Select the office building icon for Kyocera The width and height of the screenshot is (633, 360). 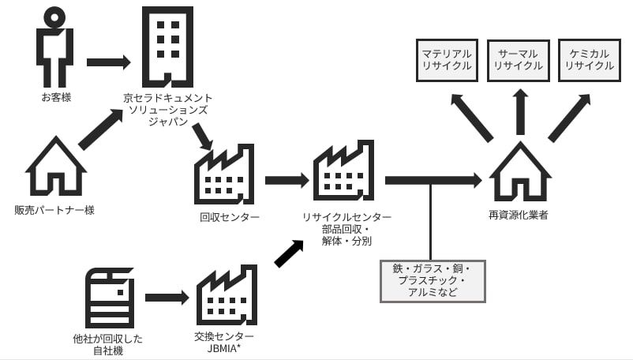167,47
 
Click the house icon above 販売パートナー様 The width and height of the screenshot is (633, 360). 55,167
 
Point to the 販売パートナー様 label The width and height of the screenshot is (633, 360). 54,211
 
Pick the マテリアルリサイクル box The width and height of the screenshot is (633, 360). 447,60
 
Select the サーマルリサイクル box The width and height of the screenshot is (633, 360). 519,60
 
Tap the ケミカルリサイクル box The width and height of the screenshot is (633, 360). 590,60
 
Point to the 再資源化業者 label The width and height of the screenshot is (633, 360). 519,215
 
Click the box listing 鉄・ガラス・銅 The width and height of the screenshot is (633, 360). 432,281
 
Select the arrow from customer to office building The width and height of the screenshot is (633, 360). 108,62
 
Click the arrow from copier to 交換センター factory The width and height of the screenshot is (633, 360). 167,298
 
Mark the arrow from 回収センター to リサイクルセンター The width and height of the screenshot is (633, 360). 287,180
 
